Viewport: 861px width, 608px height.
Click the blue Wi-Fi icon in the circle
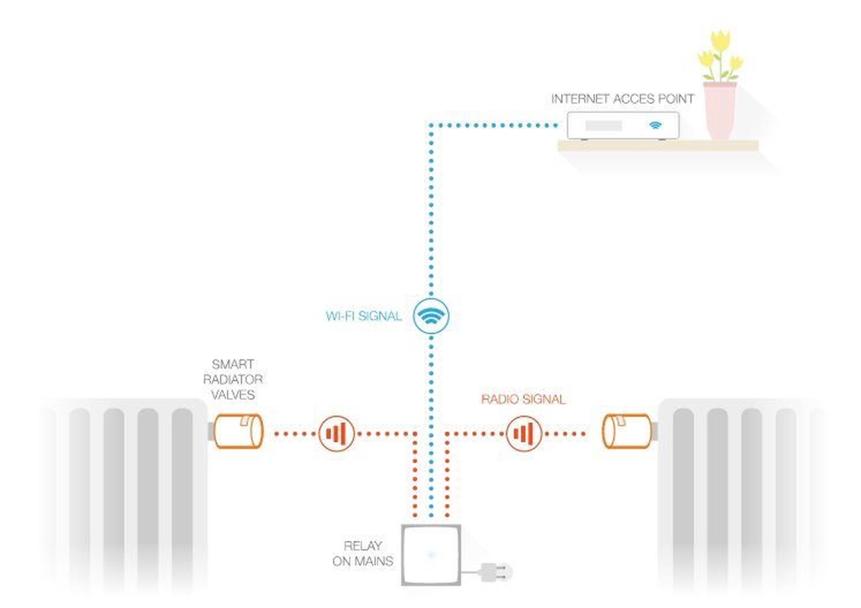pyautogui.click(x=431, y=316)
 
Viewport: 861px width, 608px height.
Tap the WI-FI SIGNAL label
pyautogui.click(x=364, y=316)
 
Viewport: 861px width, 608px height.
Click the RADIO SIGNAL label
pyautogui.click(x=523, y=399)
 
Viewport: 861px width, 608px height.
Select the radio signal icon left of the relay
pyautogui.click(x=337, y=433)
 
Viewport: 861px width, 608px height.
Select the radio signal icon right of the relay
pyautogui.click(x=523, y=433)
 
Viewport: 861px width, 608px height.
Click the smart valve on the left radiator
pyautogui.click(x=238, y=431)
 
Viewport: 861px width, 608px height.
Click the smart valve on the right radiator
pyautogui.click(x=626, y=431)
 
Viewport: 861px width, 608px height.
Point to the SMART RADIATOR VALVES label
pyautogui.click(x=233, y=380)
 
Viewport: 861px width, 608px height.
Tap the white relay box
pyautogui.click(x=431, y=555)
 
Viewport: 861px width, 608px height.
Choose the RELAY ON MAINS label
pyautogui.click(x=363, y=553)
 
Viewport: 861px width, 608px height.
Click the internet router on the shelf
pyautogui.click(x=623, y=126)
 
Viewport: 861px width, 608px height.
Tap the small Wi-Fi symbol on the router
pyautogui.click(x=655, y=125)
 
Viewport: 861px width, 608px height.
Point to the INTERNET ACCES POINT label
pyautogui.click(x=623, y=99)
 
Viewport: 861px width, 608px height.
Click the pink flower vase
pyautogui.click(x=720, y=111)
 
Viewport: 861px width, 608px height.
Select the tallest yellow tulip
pyautogui.click(x=721, y=41)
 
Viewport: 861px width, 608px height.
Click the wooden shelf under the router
pyautogui.click(x=658, y=146)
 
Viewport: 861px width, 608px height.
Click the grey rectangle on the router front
pyautogui.click(x=604, y=126)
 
